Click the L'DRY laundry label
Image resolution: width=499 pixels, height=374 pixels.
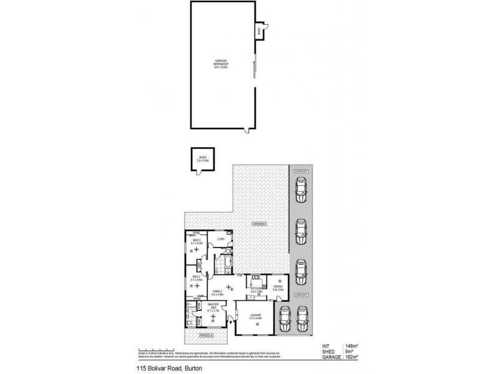tap(220, 239)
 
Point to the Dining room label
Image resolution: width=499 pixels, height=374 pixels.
tap(278, 289)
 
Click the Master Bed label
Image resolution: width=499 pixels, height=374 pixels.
tap(213, 307)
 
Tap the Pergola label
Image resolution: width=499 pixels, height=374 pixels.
tap(205, 336)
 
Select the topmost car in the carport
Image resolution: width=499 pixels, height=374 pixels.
tap(301, 188)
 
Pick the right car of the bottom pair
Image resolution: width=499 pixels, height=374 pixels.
tap(303, 320)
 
